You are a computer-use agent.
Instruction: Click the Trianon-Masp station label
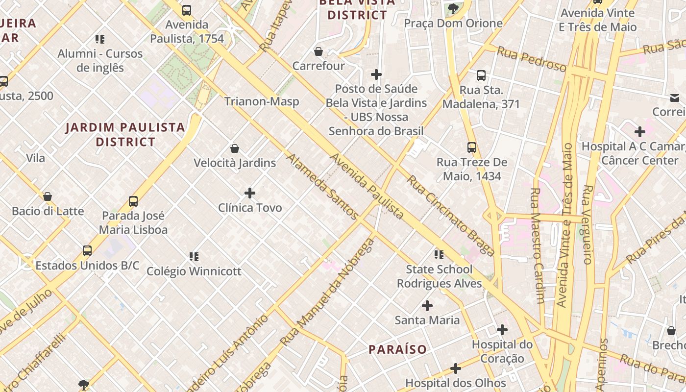[x=262, y=101]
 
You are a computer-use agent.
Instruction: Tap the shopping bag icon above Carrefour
[x=318, y=51]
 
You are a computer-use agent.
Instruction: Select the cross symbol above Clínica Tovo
[x=250, y=193]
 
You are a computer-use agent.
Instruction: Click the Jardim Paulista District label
[x=125, y=135]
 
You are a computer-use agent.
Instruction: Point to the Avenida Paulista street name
[x=367, y=186]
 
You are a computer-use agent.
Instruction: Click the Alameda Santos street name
[x=323, y=186]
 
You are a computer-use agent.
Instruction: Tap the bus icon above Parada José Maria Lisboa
[x=133, y=201]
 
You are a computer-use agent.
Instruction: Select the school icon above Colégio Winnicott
[x=194, y=256]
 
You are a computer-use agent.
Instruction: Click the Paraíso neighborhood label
[x=397, y=349]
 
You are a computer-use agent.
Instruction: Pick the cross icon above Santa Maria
[x=427, y=306]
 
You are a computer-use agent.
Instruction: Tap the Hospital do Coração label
[x=502, y=351]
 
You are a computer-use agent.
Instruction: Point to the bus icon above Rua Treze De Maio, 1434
[x=472, y=147]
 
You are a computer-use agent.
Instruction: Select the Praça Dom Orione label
[x=453, y=23]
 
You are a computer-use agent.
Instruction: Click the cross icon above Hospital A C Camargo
[x=640, y=132]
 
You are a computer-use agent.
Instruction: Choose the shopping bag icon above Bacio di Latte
[x=48, y=196]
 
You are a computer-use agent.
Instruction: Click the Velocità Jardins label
[x=235, y=163]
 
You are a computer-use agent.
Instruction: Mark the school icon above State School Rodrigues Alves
[x=439, y=254]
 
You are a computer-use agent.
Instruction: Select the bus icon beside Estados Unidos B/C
[x=87, y=251]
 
